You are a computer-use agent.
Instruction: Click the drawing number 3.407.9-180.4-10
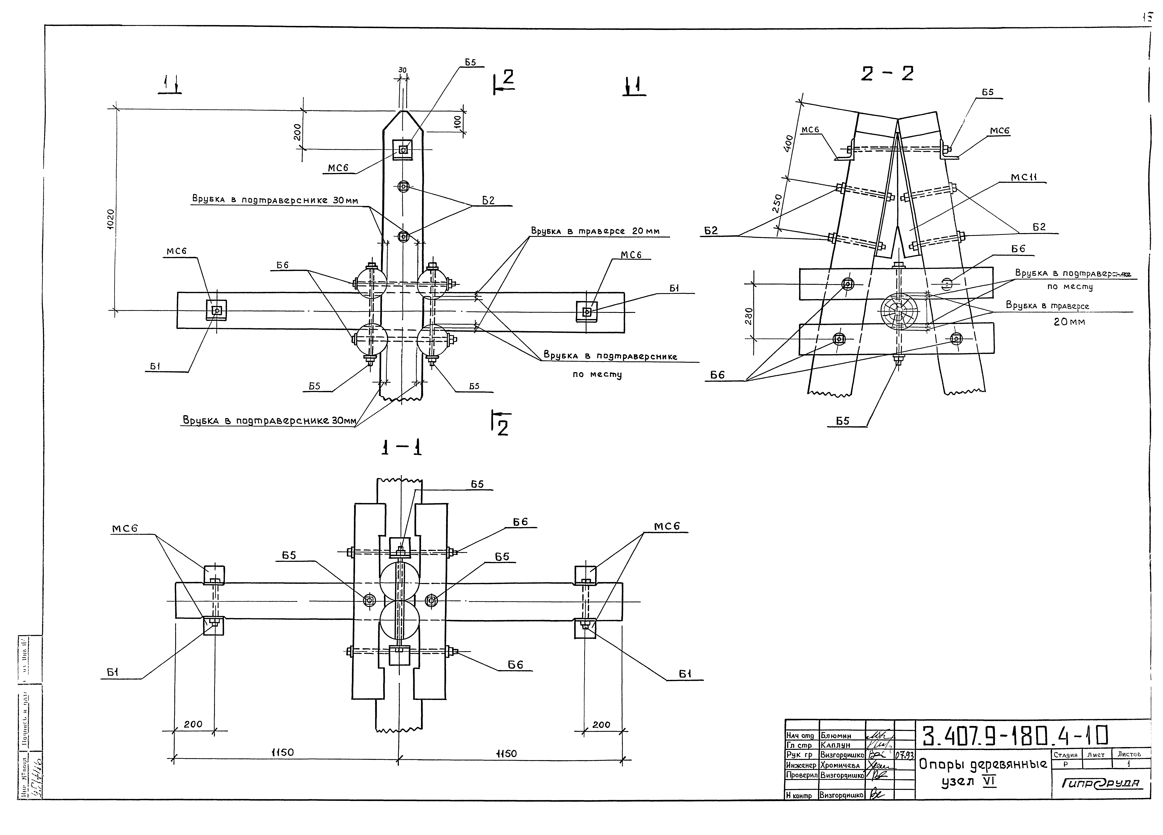click(x=1015, y=737)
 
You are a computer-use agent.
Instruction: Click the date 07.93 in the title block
click(x=905, y=756)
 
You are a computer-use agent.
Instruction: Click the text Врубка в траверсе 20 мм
click(x=595, y=231)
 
